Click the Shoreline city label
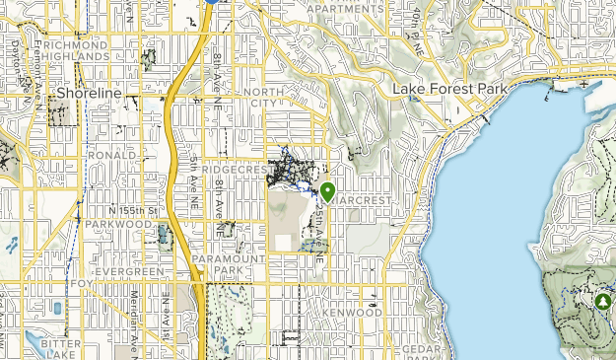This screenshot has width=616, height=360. (89, 93)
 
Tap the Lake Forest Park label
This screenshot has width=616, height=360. (449, 90)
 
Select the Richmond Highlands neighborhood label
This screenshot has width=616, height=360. (75, 51)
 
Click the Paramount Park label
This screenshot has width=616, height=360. (229, 263)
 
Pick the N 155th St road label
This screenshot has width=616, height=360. (133, 210)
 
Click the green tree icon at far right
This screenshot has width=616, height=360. (602, 299)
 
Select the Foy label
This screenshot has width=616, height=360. (81, 284)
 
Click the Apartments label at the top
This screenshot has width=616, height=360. (345, 9)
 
